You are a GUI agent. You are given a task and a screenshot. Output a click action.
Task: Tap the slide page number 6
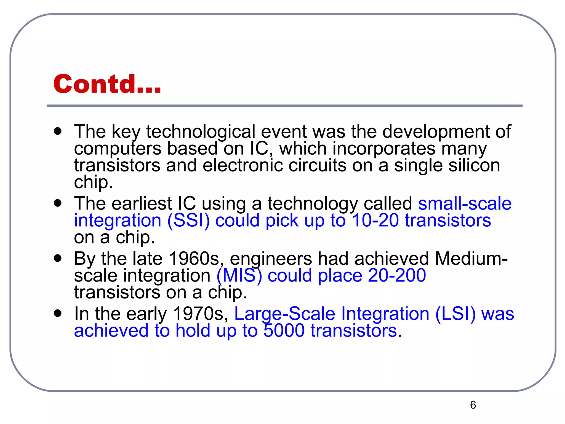[x=473, y=405]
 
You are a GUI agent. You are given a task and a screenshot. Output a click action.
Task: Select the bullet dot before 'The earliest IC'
[x=58, y=203]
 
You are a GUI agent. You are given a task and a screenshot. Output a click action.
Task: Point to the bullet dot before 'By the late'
[x=58, y=258]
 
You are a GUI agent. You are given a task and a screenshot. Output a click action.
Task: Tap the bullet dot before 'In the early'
[x=58, y=314]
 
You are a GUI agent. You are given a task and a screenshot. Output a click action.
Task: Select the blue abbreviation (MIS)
[x=239, y=275]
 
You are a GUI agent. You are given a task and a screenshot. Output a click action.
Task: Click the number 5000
[x=284, y=330]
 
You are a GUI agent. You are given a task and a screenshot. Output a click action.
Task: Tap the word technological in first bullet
[x=201, y=131]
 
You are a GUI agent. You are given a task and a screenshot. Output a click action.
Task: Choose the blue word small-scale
[x=465, y=203]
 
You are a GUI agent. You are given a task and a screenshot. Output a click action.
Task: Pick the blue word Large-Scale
[x=284, y=314]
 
